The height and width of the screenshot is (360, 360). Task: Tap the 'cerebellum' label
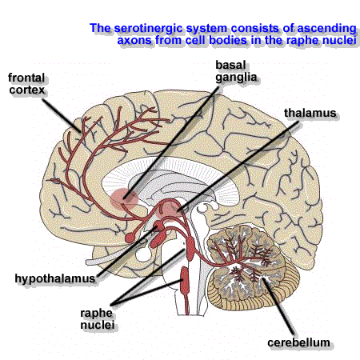(x=298, y=342)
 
